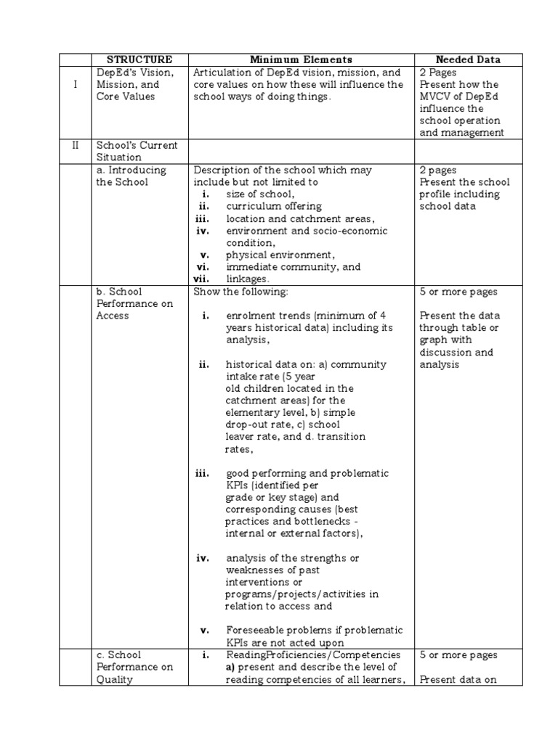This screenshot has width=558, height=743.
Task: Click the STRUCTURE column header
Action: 139,59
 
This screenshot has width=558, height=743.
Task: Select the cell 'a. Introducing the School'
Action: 132,176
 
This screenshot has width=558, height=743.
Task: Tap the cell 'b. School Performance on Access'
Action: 134,303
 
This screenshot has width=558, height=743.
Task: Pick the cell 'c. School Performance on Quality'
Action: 134,667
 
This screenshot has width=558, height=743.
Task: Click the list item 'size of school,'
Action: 260,194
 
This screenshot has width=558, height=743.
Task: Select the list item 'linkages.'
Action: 248,279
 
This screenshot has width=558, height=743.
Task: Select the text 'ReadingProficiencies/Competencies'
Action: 313,654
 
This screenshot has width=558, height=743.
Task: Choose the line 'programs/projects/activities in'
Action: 302,594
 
